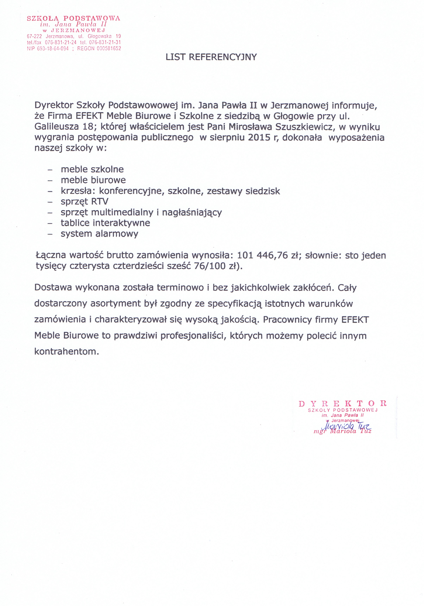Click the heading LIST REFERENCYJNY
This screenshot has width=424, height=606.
[x=211, y=57]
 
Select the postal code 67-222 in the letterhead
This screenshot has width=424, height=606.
[x=34, y=36]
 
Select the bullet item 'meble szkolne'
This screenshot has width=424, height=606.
[x=92, y=169]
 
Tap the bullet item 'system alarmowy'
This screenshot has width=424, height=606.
[x=99, y=234]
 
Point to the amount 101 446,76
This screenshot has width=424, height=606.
[x=262, y=255]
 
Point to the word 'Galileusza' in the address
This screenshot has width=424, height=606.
[x=56, y=127]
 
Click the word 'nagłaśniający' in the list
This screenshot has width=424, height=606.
[x=192, y=212]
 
